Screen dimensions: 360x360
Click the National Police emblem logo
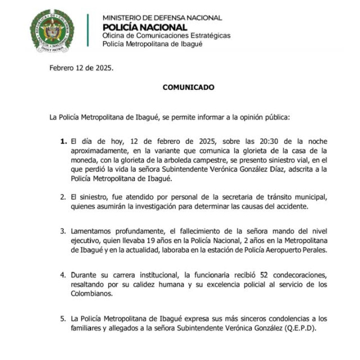52,30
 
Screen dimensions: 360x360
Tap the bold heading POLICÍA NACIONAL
145,27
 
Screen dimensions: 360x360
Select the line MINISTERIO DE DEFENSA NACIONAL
162,18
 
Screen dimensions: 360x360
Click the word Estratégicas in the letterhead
205,35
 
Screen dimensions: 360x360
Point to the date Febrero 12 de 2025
82,68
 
